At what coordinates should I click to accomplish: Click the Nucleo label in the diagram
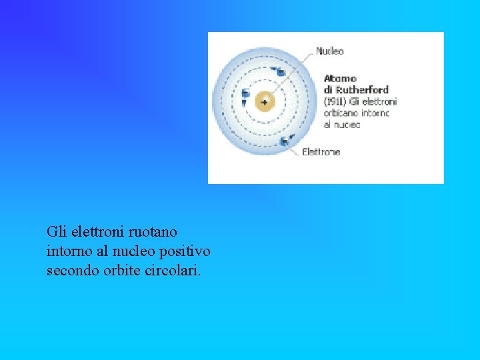[x=329, y=51]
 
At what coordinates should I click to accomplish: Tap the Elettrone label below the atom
[x=321, y=152]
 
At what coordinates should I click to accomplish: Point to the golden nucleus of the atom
[x=265, y=101]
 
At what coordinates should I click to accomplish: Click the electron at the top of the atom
[x=281, y=71]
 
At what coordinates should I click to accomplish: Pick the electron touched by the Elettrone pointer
[x=285, y=140]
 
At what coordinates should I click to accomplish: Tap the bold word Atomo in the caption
[x=340, y=79]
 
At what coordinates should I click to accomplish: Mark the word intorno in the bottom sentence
[x=67, y=251]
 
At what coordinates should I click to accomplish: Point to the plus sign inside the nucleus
[x=265, y=102]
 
